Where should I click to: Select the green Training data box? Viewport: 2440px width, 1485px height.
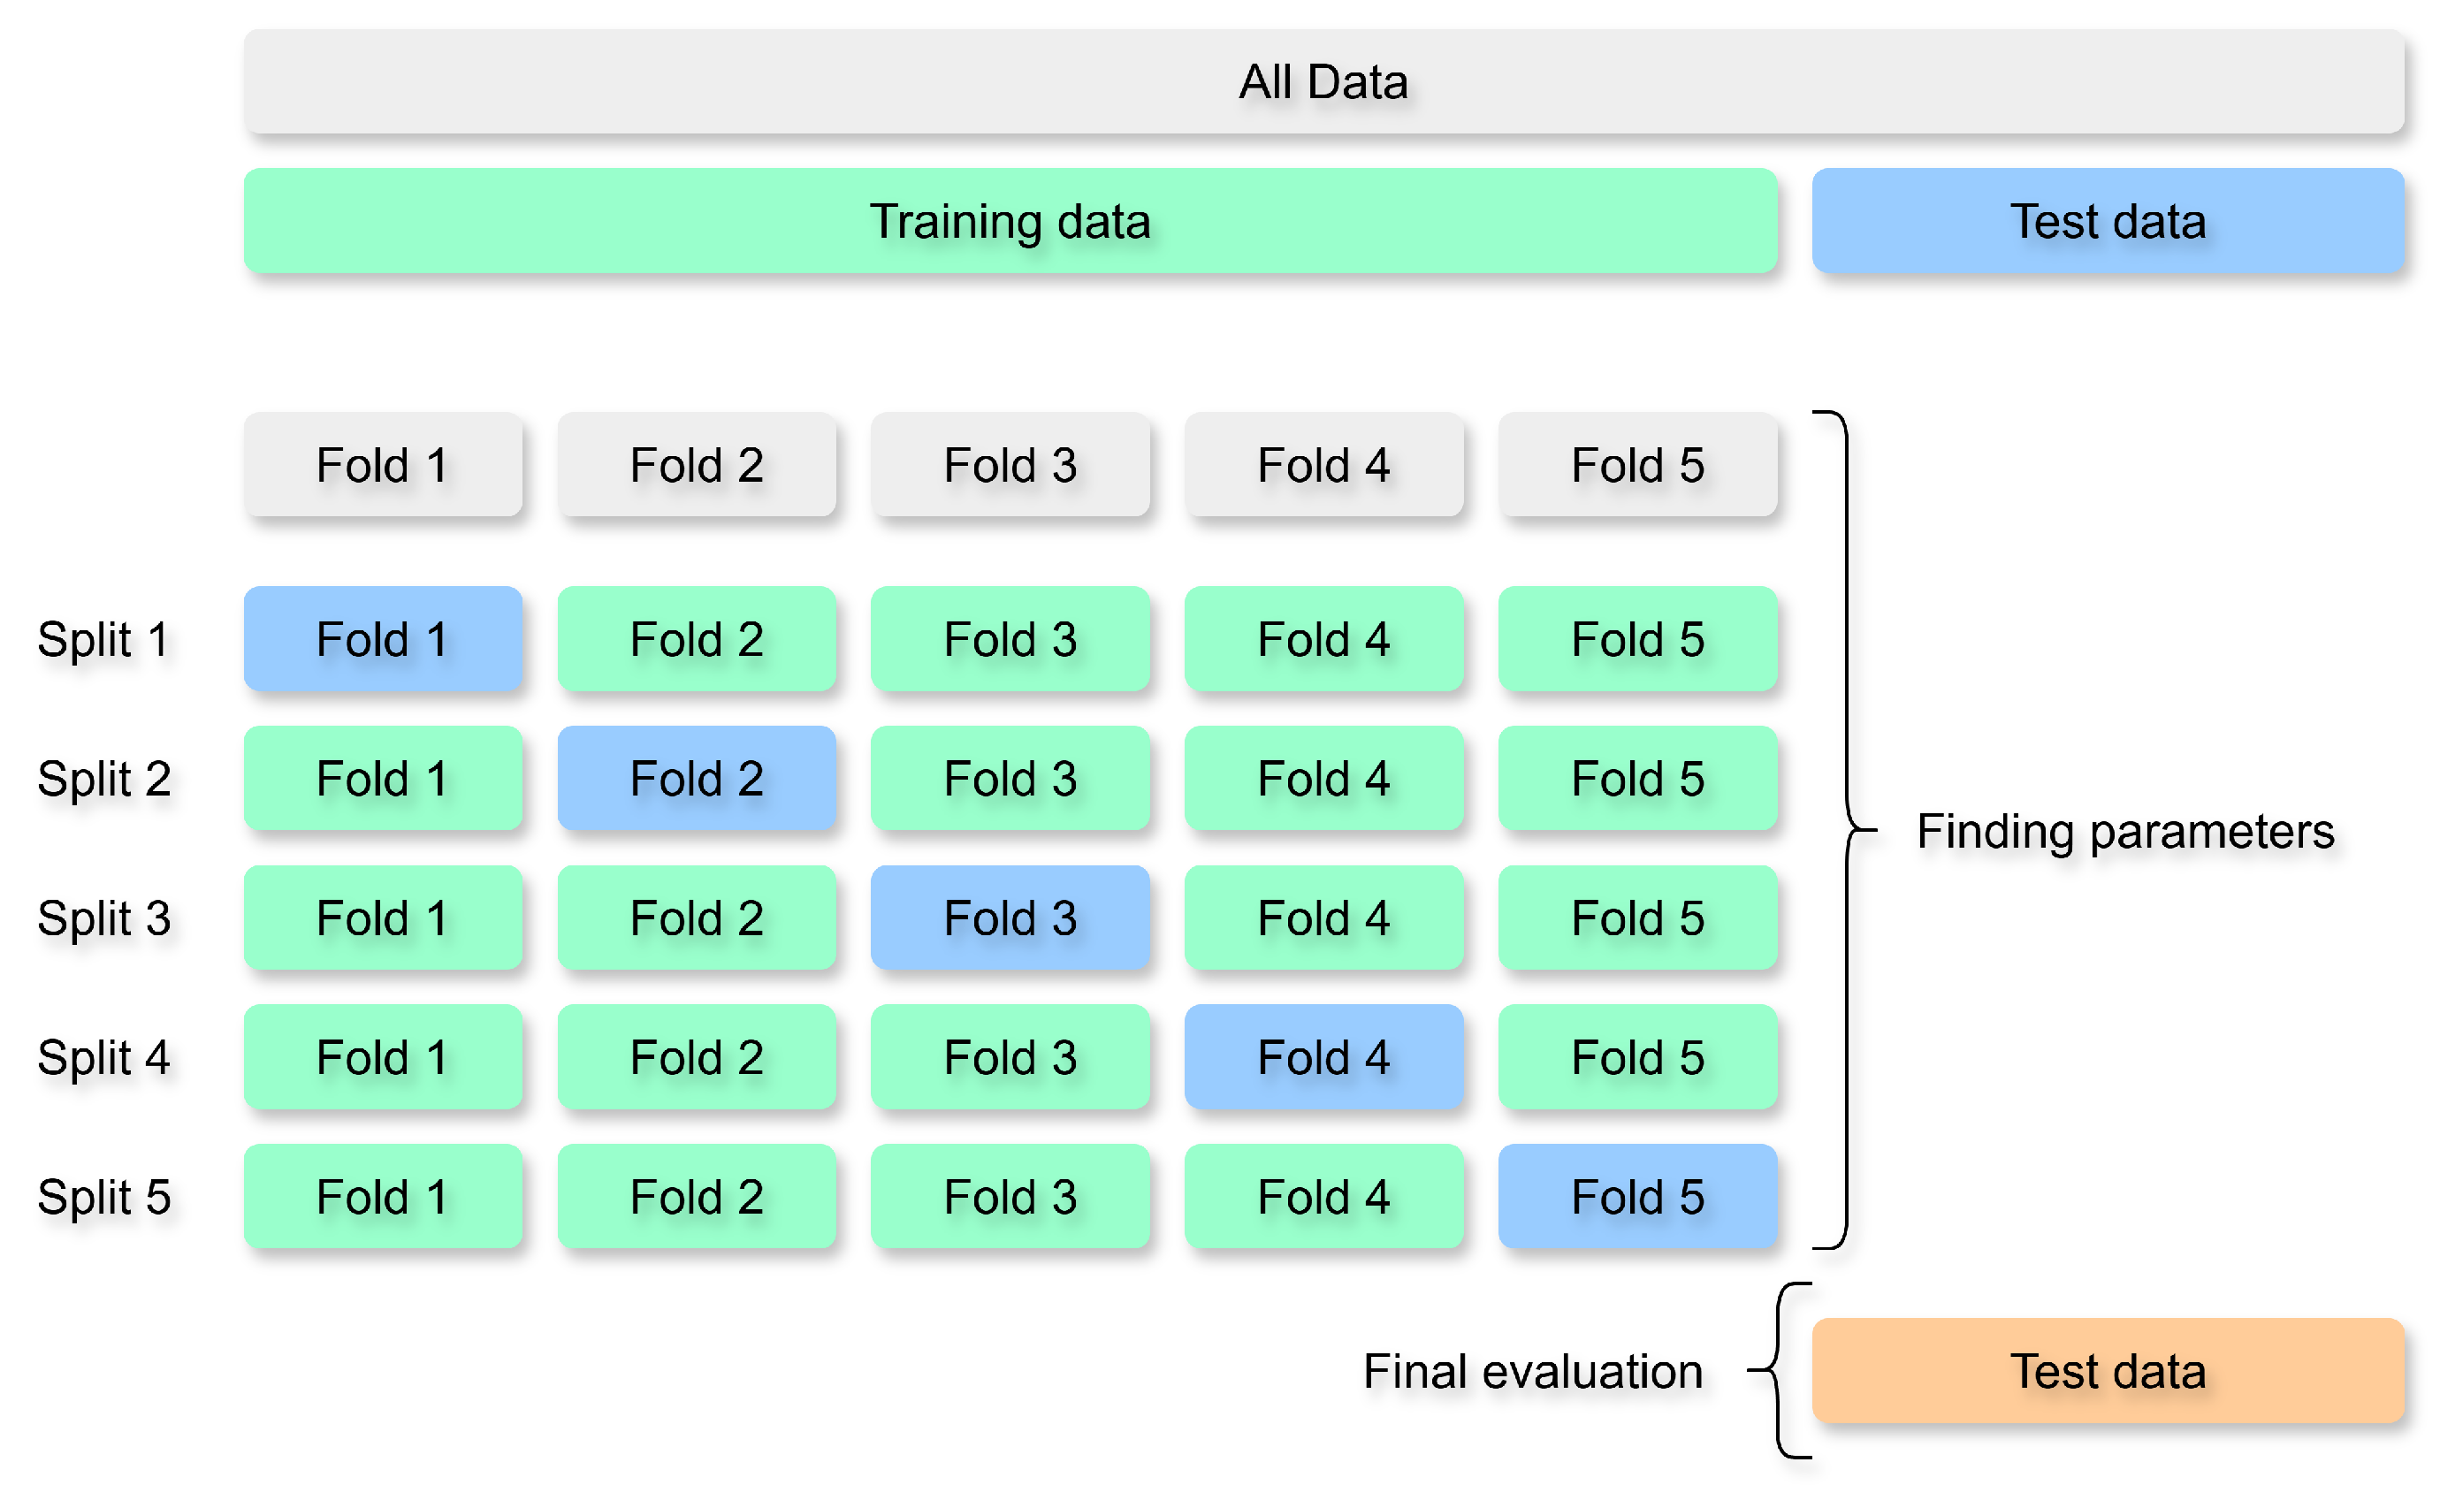1010,221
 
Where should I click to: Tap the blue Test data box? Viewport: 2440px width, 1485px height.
2108,221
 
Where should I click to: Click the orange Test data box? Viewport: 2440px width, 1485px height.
2108,1371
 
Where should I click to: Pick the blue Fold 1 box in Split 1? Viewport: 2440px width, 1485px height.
382,638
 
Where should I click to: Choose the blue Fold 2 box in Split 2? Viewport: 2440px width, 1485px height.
696,778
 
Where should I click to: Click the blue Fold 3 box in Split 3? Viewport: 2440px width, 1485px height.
1010,918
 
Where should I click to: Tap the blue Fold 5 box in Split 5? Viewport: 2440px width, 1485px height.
1637,1197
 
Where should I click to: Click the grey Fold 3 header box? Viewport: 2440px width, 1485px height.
1010,464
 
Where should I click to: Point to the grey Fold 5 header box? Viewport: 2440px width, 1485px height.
1637,464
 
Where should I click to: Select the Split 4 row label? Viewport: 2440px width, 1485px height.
103,1058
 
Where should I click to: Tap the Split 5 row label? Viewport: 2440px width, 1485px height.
103,1198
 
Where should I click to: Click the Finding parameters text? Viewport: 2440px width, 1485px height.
2125,832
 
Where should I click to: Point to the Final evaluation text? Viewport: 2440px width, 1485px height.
1532,1372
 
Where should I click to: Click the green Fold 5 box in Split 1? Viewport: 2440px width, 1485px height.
1637,638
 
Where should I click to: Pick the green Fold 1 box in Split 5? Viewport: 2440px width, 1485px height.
382,1197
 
